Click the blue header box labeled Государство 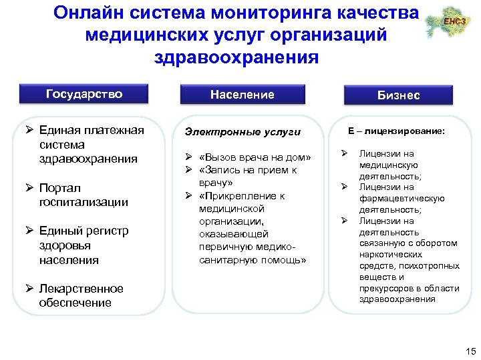pyautogui.click(x=84, y=94)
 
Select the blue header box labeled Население pyautogui.click(x=242, y=95)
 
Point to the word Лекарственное pyautogui.click(x=81, y=289)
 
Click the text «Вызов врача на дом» pyautogui.click(x=255, y=158)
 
